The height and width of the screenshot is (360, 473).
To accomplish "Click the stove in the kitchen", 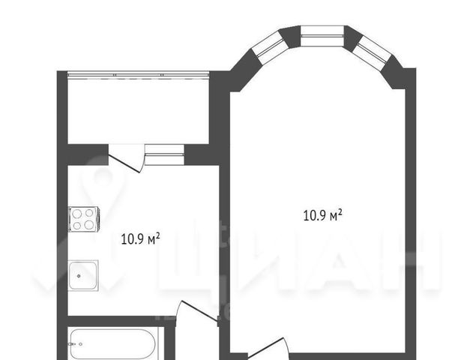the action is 84,219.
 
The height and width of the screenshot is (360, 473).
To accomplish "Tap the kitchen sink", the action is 83,275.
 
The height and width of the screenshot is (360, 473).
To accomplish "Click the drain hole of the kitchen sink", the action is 79,276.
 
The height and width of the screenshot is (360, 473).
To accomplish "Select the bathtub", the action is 113,344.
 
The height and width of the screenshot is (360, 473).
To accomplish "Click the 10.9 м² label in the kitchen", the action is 140,239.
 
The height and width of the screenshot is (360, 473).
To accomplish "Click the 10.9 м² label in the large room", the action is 322,215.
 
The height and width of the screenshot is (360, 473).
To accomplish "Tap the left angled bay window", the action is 269,46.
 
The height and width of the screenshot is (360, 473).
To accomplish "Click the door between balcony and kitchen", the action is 125,158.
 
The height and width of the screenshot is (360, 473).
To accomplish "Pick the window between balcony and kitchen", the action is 164,154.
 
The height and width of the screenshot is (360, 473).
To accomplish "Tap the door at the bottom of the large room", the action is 268,349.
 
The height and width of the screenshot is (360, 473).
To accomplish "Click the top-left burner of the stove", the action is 77,214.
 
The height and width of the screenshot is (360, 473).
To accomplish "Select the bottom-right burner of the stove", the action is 89,225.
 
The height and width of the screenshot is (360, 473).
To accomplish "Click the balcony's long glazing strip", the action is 139,74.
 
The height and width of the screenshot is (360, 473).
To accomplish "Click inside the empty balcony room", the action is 139,110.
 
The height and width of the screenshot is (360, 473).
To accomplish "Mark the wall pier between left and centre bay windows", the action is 290,37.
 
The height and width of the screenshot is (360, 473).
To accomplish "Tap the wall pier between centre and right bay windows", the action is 353,36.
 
